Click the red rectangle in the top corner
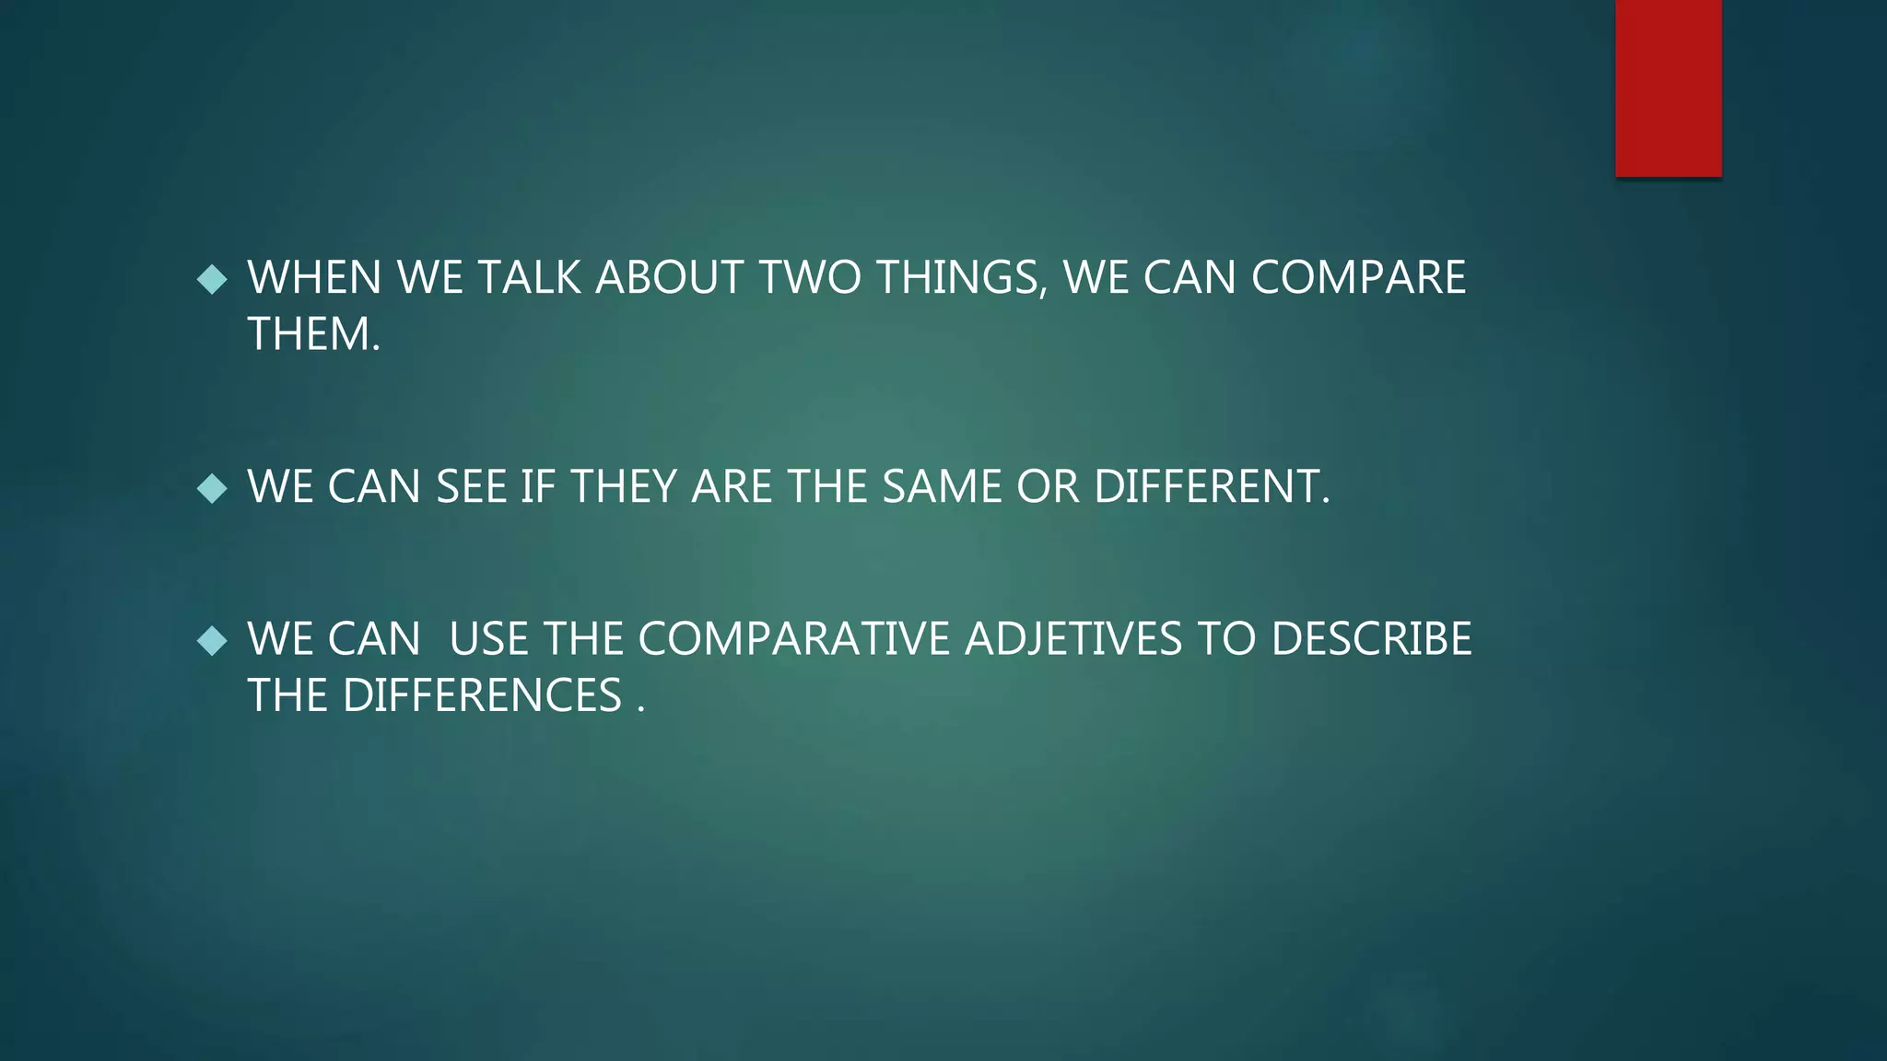pyautogui.click(x=1668, y=88)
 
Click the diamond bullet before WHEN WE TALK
pyautogui.click(x=212, y=279)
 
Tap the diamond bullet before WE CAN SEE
pyautogui.click(x=212, y=487)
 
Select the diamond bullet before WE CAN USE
pyautogui.click(x=212, y=640)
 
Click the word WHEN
pyautogui.click(x=314, y=278)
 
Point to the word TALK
pyautogui.click(x=529, y=278)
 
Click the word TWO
pyautogui.click(x=810, y=278)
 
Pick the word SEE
pyautogui.click(x=471, y=486)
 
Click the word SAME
pyautogui.click(x=941, y=486)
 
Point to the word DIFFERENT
pyautogui.click(x=1211, y=486)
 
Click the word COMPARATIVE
pyautogui.click(x=793, y=639)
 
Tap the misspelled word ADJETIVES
pyautogui.click(x=1072, y=639)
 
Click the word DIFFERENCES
pyautogui.click(x=482, y=695)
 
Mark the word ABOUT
pyautogui.click(x=669, y=278)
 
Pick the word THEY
pyautogui.click(x=624, y=486)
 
